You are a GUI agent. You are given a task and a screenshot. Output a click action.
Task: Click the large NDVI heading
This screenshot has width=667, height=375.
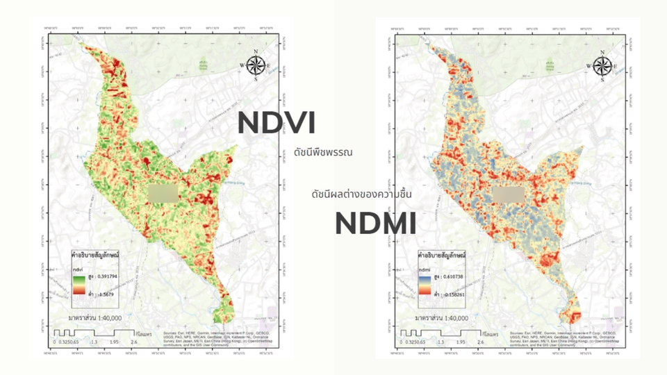click(277, 123)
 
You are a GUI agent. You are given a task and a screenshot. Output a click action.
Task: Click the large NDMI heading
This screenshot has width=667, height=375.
click(376, 224)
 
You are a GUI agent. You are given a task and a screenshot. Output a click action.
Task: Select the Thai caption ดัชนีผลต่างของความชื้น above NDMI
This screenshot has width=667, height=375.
click(361, 194)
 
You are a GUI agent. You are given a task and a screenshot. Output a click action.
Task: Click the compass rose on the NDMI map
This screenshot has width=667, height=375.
click(602, 65)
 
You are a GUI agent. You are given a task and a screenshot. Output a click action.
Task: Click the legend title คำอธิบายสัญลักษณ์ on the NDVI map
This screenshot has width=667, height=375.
click(95, 256)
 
